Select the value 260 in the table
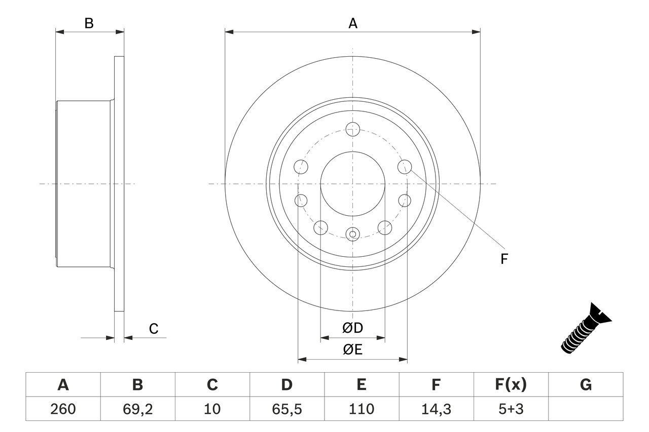point(63,409)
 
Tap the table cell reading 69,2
point(137,409)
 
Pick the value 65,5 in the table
point(286,409)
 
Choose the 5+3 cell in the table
point(511,409)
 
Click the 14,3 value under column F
point(436,409)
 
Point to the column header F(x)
point(511,385)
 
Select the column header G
point(586,385)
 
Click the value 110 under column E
point(361,409)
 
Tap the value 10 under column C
point(212,409)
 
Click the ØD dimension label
point(353,328)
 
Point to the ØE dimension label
point(353,350)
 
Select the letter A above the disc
point(353,23)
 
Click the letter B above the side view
point(89,23)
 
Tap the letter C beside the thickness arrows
point(154,329)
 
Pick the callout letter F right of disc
point(504,259)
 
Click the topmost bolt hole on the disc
point(352,129)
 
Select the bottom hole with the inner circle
point(352,233)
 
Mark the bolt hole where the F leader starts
point(405,166)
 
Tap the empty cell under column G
point(586,409)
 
